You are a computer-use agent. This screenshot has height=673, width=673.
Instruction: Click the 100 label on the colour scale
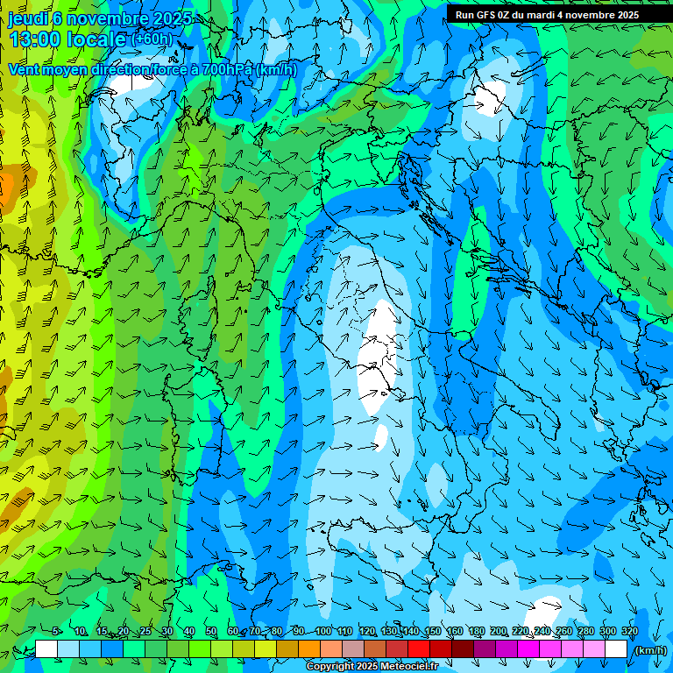click(x=323, y=632)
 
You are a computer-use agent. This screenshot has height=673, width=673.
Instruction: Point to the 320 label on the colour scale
click(x=629, y=632)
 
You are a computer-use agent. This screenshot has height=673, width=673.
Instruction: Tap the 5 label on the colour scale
click(x=56, y=632)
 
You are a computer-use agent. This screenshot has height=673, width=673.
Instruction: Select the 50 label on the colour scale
click(x=211, y=632)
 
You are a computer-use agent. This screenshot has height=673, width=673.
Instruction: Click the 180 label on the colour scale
click(x=476, y=632)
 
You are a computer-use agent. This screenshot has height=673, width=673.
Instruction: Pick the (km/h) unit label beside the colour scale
click(x=650, y=650)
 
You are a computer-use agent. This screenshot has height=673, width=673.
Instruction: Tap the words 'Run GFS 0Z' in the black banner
click(x=482, y=15)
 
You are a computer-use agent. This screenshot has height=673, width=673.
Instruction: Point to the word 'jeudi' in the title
click(x=26, y=18)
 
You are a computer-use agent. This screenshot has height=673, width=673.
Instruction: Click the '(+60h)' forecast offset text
click(x=152, y=39)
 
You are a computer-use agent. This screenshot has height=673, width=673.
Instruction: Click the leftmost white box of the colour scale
click(x=46, y=649)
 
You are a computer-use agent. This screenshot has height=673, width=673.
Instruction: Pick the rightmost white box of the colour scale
click(x=616, y=649)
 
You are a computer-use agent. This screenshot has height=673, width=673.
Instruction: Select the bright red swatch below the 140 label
click(x=418, y=649)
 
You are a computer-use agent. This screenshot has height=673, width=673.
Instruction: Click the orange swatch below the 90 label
click(x=308, y=649)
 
